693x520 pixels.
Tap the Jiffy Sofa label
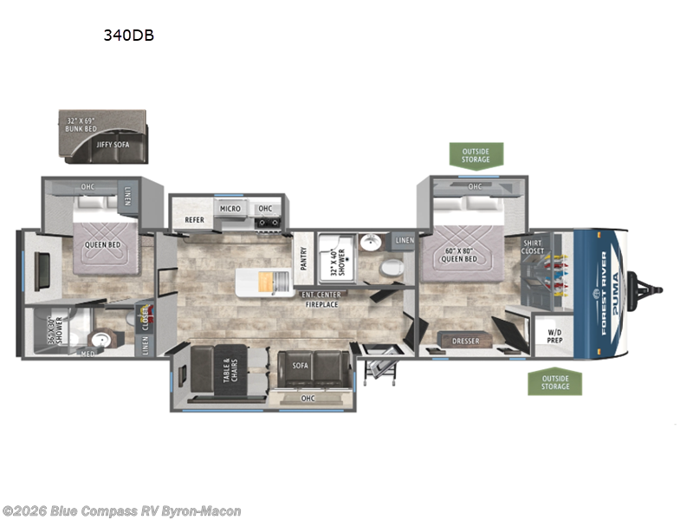pyautogui.click(x=111, y=144)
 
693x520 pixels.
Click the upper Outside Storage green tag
pyautogui.click(x=476, y=154)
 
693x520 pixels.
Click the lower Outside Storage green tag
pyautogui.click(x=555, y=381)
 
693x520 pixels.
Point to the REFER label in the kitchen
pyautogui.click(x=194, y=220)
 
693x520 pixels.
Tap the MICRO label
pyautogui.click(x=230, y=209)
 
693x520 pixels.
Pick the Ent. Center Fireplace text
pyautogui.click(x=321, y=300)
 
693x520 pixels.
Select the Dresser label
pyautogui.click(x=466, y=341)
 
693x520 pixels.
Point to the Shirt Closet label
pyautogui.click(x=533, y=247)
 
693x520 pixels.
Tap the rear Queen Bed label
pyautogui.click(x=101, y=244)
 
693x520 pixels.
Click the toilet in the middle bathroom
pyautogui.click(x=391, y=269)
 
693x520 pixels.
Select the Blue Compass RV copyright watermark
pyautogui.click(x=121, y=511)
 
